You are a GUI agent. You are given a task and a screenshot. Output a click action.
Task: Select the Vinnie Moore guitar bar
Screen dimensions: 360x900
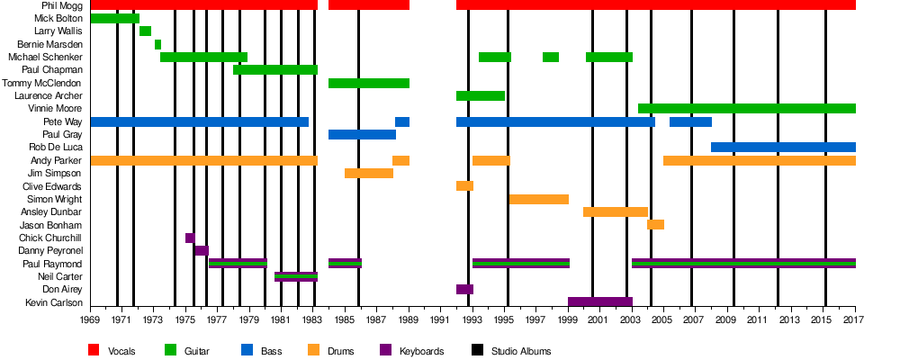pos(746,109)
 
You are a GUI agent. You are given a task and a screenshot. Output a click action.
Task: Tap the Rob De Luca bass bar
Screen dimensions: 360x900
pos(783,147)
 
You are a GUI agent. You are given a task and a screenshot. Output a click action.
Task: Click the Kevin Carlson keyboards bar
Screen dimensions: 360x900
pos(599,302)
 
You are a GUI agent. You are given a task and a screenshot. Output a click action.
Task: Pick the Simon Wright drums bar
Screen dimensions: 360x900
pos(538,199)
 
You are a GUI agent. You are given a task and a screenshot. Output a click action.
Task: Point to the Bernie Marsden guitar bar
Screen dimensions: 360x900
pos(157,44)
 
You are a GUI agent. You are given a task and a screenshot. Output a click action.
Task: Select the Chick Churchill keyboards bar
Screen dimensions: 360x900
pos(190,238)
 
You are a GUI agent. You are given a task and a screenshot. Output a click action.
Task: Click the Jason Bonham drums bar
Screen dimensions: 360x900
pos(655,224)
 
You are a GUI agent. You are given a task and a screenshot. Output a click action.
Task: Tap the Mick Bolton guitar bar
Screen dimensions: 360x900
pos(115,18)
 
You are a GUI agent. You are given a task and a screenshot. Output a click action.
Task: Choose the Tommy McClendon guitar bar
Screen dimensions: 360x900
pos(369,83)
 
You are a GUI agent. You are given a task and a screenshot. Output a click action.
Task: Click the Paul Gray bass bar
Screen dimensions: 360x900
pos(362,134)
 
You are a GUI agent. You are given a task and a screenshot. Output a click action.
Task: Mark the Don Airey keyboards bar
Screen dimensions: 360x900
pos(464,289)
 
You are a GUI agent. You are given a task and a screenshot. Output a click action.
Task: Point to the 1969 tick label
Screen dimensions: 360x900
pos(90,319)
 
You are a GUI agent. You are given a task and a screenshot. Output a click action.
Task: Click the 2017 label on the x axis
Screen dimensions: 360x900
pos(855,319)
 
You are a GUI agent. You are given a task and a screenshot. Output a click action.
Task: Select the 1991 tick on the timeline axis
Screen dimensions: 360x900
pos(441,319)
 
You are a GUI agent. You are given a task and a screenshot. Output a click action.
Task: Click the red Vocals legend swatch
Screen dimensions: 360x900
pos(93,350)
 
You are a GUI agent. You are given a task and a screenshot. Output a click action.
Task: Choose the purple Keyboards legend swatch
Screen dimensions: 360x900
pos(385,350)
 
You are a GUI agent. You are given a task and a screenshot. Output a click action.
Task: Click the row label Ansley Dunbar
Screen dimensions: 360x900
pos(51,211)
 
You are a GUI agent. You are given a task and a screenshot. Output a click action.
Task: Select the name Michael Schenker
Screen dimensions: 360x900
pos(45,57)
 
